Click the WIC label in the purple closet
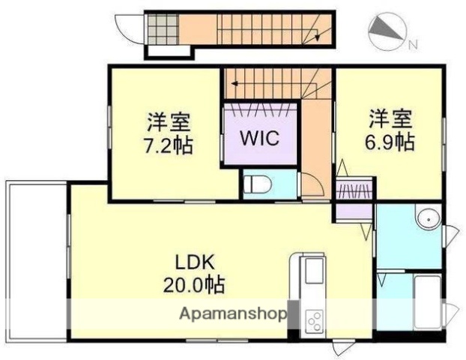[x=259, y=139]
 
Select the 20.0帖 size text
[x=196, y=285]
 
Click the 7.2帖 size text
[x=168, y=143]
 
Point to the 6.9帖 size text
[x=390, y=140]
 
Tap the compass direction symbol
[x=387, y=29]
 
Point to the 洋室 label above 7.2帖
[x=168, y=121]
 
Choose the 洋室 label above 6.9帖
[x=390, y=118]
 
